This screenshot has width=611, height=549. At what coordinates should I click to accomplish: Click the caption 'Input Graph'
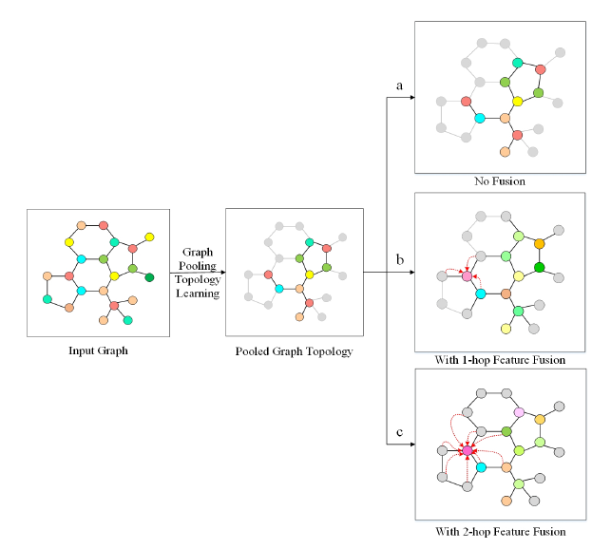(x=98, y=350)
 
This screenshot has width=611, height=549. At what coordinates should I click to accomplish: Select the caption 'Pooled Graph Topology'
(x=294, y=351)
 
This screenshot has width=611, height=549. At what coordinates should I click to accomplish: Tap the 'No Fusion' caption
(x=499, y=180)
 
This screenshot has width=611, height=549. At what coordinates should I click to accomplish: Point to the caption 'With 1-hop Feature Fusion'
(x=499, y=360)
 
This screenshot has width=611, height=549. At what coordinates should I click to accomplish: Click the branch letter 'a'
(x=400, y=86)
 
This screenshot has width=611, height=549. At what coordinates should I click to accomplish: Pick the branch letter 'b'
(x=400, y=258)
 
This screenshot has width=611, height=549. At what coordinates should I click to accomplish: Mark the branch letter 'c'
(x=400, y=432)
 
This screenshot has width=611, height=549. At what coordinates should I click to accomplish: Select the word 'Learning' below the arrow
(x=199, y=293)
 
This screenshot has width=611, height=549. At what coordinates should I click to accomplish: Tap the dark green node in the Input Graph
(x=149, y=277)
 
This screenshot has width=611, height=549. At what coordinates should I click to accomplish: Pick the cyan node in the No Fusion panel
(x=480, y=119)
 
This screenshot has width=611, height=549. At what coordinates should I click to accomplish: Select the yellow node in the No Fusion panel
(x=518, y=101)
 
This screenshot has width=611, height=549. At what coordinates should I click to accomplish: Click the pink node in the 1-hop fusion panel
(x=467, y=276)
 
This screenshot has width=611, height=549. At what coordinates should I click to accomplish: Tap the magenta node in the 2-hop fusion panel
(x=467, y=449)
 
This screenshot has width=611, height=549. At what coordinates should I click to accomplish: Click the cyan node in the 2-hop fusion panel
(x=481, y=467)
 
